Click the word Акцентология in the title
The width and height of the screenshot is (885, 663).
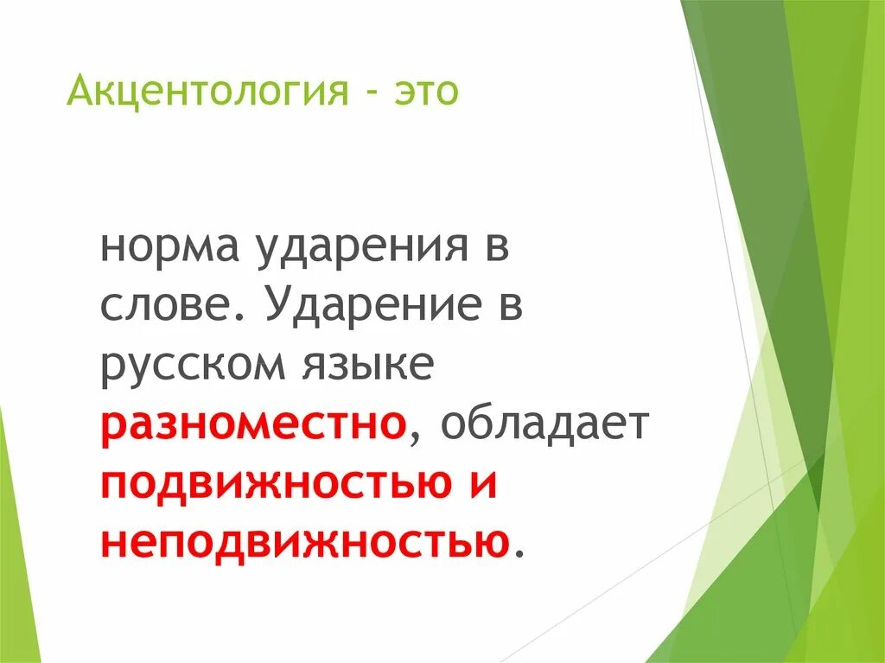click(x=204, y=90)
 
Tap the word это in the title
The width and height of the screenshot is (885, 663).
click(x=423, y=90)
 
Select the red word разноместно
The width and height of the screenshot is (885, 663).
click(x=253, y=424)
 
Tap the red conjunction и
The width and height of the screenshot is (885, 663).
click(x=485, y=482)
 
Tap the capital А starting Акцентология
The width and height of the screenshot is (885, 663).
click(x=78, y=89)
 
